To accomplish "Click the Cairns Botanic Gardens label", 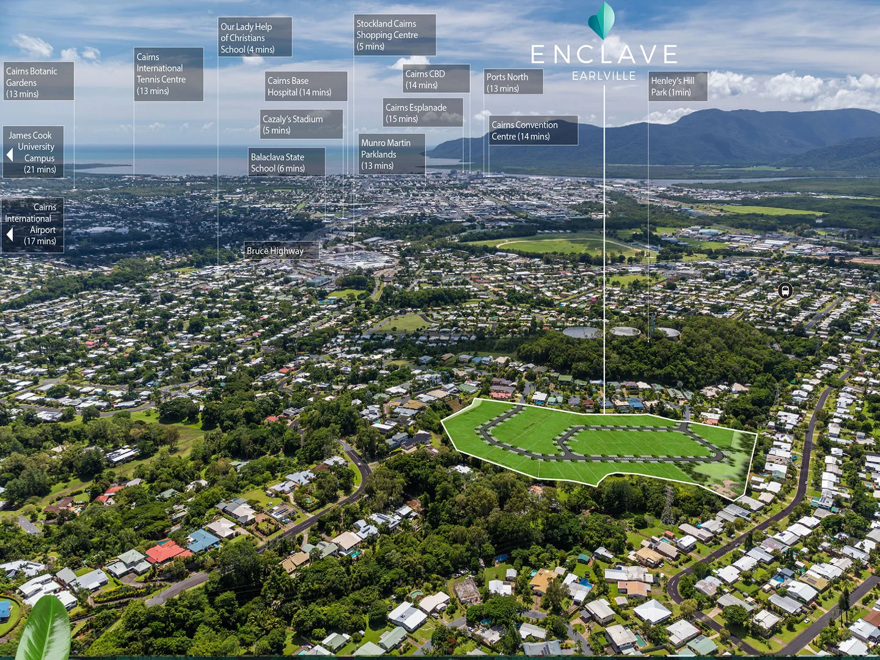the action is tap(38, 82).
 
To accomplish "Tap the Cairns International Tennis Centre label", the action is tap(168, 74).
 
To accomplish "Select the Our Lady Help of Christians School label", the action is tap(255, 37).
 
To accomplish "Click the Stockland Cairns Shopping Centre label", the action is tap(394, 35).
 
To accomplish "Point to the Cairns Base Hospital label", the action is tap(306, 86).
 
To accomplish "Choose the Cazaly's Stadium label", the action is tap(301, 124).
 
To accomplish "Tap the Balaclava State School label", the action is tap(286, 162).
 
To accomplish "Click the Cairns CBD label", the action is tap(436, 79).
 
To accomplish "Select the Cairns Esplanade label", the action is tap(422, 112).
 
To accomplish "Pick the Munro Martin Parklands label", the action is tap(391, 154).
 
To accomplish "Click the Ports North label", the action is tap(513, 82).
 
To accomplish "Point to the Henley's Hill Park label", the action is tap(677, 86).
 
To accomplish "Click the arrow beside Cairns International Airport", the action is tap(10, 235).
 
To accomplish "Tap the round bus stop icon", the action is tap(785, 290).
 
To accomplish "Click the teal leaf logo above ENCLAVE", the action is tap(602, 21).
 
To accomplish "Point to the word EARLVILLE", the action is tap(604, 76).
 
